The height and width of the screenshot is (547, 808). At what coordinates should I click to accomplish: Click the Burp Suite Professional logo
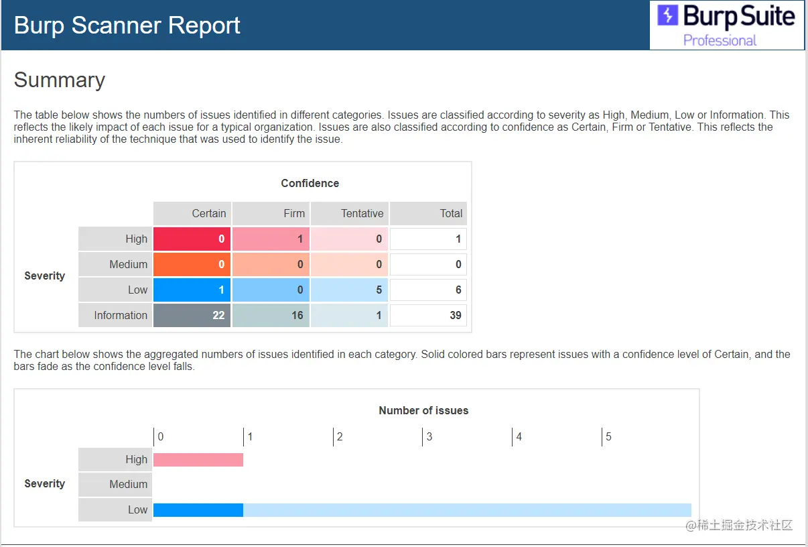727,25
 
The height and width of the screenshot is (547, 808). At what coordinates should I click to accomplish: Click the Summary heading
60,80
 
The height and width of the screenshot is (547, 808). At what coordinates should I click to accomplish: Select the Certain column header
192,213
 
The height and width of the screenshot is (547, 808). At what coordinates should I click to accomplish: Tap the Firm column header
271,213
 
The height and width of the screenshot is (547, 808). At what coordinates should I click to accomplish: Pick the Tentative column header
349,213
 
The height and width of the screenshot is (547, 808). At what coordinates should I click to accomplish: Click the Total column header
428,213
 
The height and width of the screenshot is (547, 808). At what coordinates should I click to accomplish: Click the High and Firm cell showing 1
271,239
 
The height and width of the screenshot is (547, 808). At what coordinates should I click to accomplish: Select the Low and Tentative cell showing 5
349,290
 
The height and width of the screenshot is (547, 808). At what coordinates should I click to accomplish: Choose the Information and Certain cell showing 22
192,315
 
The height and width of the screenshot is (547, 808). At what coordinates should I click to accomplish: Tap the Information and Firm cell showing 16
271,315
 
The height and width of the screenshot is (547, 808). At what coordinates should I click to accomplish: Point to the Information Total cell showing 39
428,315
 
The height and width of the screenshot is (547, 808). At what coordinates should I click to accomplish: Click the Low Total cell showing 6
428,290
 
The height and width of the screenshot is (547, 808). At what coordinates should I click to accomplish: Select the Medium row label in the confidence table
115,264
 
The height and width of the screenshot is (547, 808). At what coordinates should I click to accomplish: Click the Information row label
115,315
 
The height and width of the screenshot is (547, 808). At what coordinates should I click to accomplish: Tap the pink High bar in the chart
198,459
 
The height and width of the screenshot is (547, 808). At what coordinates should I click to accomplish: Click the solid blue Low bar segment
198,510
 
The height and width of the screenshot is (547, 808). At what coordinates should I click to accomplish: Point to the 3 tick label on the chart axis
429,437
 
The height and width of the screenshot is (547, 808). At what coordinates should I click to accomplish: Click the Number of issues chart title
423,410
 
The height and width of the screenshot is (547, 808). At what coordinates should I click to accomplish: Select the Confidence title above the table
310,183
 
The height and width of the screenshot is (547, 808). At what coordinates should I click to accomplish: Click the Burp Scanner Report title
127,25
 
